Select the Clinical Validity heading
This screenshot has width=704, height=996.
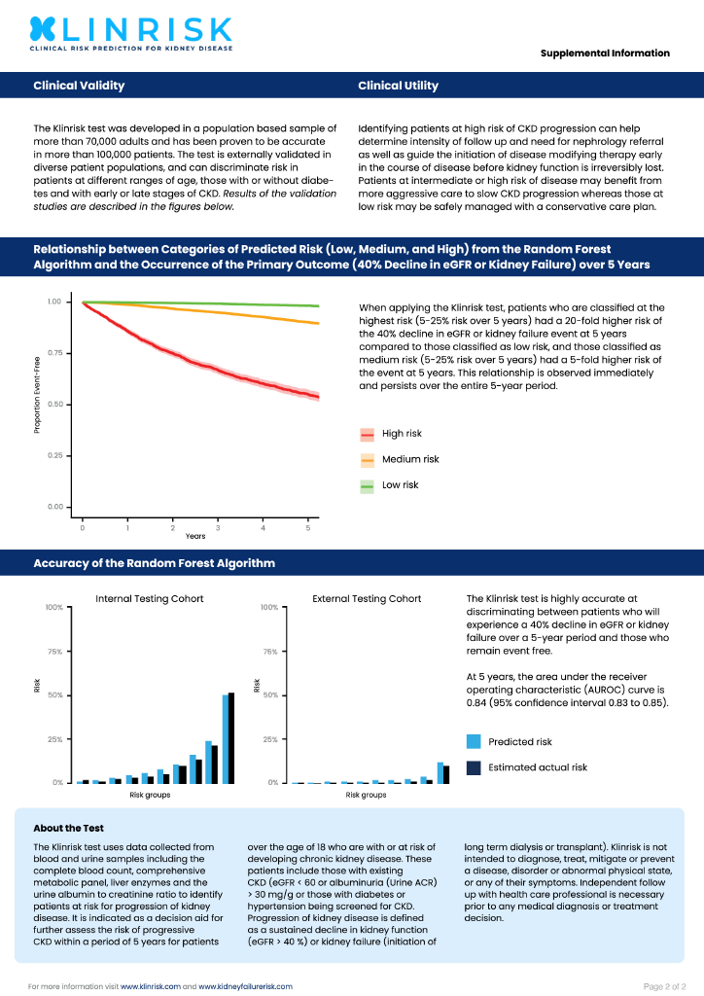(x=79, y=86)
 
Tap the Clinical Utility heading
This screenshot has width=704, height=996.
(x=398, y=86)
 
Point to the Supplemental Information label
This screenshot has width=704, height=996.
(x=605, y=53)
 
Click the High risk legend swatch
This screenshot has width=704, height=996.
(x=368, y=434)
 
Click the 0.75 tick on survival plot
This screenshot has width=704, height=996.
(x=54, y=353)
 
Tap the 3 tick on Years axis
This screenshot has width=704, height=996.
(x=218, y=527)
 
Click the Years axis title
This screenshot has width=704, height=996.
(x=195, y=537)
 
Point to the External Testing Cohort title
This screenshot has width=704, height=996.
(x=367, y=598)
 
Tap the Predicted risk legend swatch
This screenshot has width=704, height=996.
(x=475, y=742)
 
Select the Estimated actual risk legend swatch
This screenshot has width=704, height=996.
(x=475, y=767)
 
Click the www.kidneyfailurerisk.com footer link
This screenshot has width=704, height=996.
(x=245, y=986)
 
